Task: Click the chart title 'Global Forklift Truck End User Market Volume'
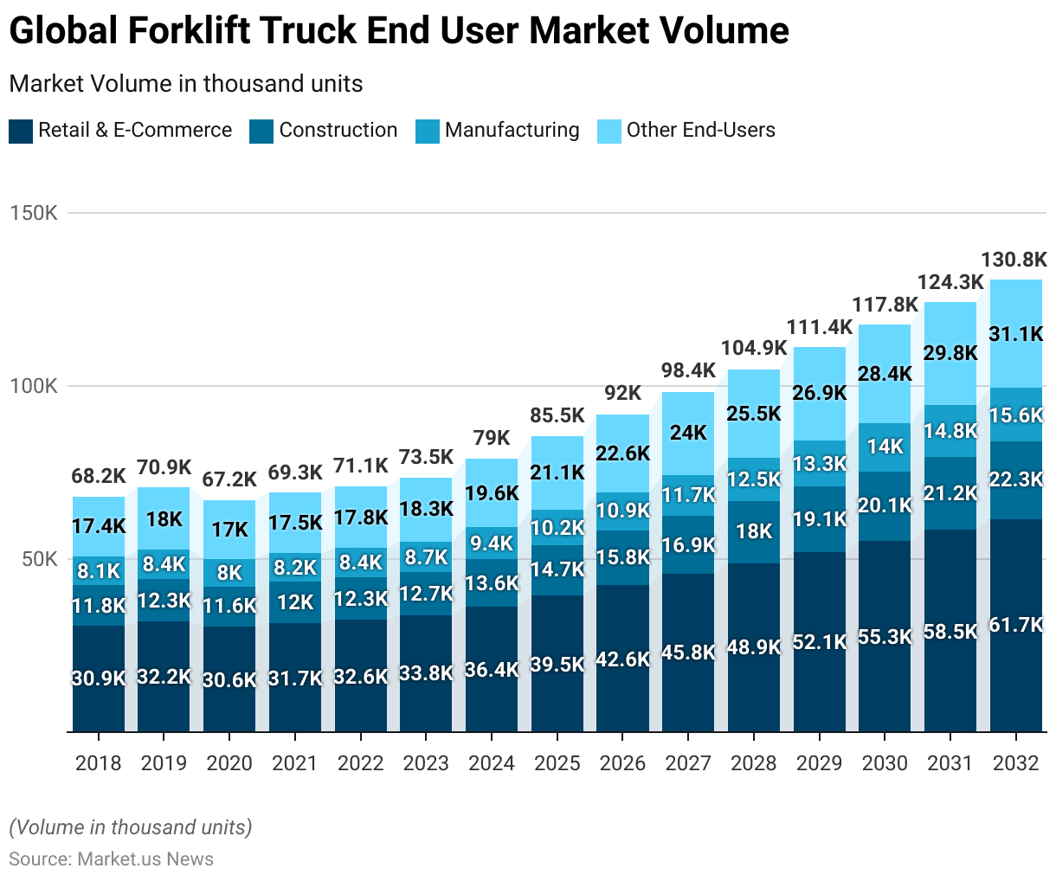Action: tap(399, 31)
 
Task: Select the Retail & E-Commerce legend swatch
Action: tap(21, 132)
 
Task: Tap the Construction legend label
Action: tap(338, 130)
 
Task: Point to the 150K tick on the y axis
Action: tap(33, 213)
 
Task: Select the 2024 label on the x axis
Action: tap(492, 763)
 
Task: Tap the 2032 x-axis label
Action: tap(1015, 763)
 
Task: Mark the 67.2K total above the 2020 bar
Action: tap(229, 479)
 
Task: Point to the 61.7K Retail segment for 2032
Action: tap(1016, 625)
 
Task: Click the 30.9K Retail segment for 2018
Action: tap(99, 678)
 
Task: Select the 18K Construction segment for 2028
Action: tap(753, 531)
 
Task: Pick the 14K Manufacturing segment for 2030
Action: tap(885, 447)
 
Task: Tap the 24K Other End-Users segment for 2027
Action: tap(688, 433)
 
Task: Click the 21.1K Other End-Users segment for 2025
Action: tap(557, 473)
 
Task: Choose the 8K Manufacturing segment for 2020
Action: tap(229, 573)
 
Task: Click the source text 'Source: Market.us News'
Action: tap(111, 859)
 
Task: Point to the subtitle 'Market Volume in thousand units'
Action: tap(185, 84)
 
